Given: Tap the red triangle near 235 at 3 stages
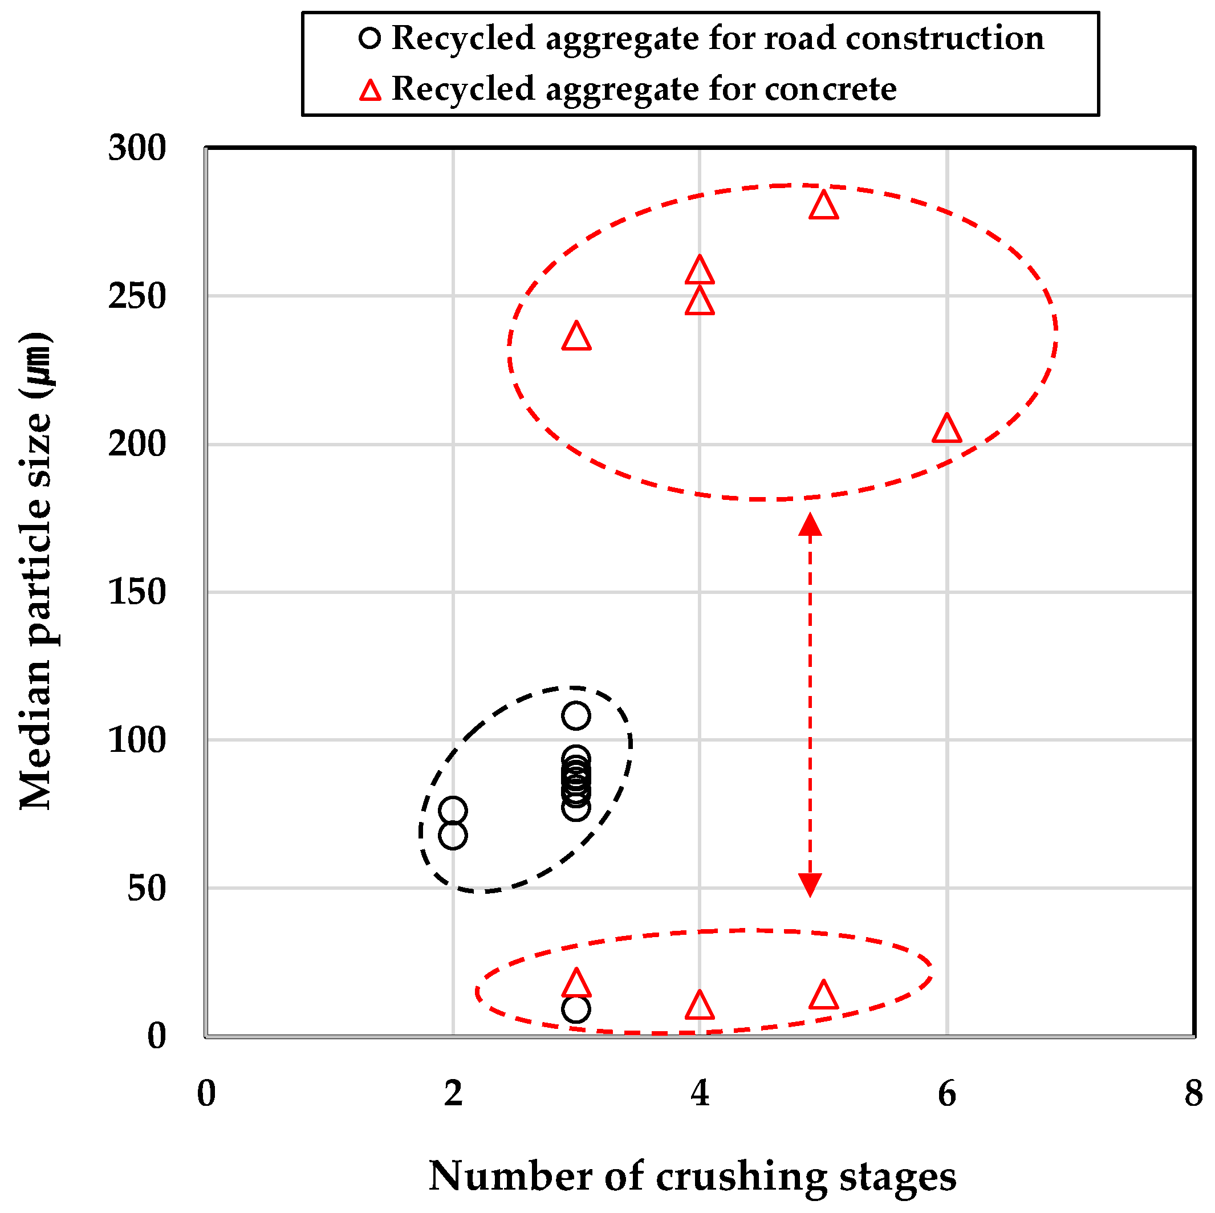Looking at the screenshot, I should [576, 337].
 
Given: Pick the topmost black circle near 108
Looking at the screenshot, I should [576, 715].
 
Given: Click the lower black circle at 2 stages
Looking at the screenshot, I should [453, 836].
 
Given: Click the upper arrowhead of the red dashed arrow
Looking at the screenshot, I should [810, 524].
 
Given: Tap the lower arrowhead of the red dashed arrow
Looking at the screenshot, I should [810, 884].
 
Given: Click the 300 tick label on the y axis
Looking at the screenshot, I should [136, 148].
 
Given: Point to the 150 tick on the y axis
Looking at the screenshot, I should [136, 592].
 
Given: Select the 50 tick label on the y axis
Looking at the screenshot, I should [146, 888].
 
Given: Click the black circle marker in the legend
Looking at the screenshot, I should [370, 38].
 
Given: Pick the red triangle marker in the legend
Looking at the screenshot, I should [370, 91].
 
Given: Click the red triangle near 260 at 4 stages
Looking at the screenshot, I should [700, 270].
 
